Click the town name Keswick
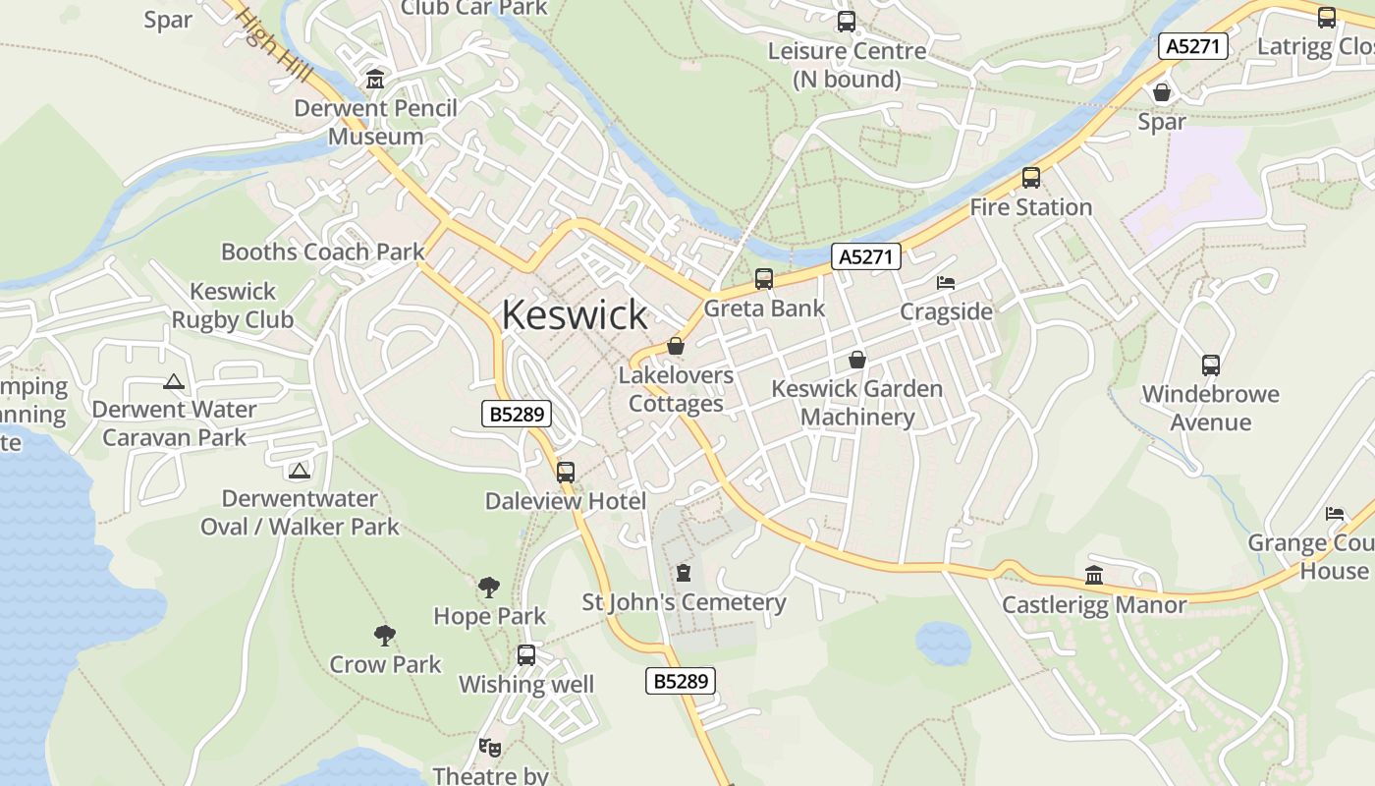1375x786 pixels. pos(575,314)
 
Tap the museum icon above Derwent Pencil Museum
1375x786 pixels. pos(374,80)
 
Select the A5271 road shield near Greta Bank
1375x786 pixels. pos(865,257)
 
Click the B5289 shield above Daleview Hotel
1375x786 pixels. pos(517,414)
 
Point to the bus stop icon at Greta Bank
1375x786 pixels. pos(764,279)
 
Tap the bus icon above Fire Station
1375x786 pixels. pos(1030,178)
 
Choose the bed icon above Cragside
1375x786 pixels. pos(946,283)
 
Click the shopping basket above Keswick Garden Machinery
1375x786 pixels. pos(856,360)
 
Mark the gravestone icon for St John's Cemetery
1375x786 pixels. pos(684,573)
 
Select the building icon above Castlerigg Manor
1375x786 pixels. pos(1093,576)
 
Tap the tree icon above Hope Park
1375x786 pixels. pos(488,588)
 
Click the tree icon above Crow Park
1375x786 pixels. pos(385,636)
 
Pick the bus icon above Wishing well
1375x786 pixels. pos(526,655)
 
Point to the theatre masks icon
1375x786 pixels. pos(490,748)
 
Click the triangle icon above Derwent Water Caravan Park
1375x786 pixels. pos(174,381)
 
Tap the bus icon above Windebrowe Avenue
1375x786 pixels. pos(1210,365)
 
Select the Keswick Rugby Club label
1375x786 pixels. pos(233,306)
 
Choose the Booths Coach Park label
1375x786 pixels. pos(322,252)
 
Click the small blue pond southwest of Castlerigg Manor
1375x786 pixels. pos(943,643)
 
